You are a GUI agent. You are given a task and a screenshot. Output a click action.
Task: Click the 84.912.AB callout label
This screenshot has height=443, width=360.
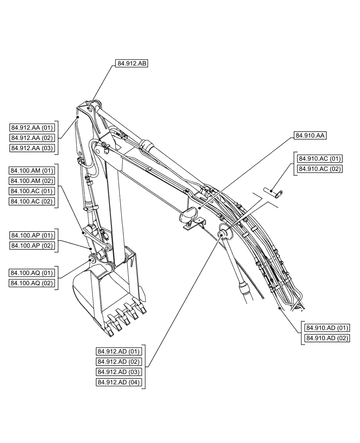[x=132, y=64]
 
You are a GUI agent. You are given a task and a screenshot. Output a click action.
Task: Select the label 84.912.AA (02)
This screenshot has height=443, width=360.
[x=32, y=138]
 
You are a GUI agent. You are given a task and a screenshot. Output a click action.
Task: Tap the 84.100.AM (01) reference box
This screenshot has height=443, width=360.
[x=32, y=171]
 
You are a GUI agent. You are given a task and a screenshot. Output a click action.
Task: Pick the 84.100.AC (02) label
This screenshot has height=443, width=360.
[x=32, y=202]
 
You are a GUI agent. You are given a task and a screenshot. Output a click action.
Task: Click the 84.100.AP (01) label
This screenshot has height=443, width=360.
[x=32, y=235]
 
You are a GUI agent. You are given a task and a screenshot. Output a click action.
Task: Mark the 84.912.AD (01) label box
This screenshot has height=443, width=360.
[x=119, y=351]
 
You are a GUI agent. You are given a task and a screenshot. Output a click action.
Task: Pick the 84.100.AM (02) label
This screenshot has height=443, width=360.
[x=32, y=181]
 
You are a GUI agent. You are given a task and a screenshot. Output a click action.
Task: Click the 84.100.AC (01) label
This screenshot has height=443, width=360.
[x=32, y=191]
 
